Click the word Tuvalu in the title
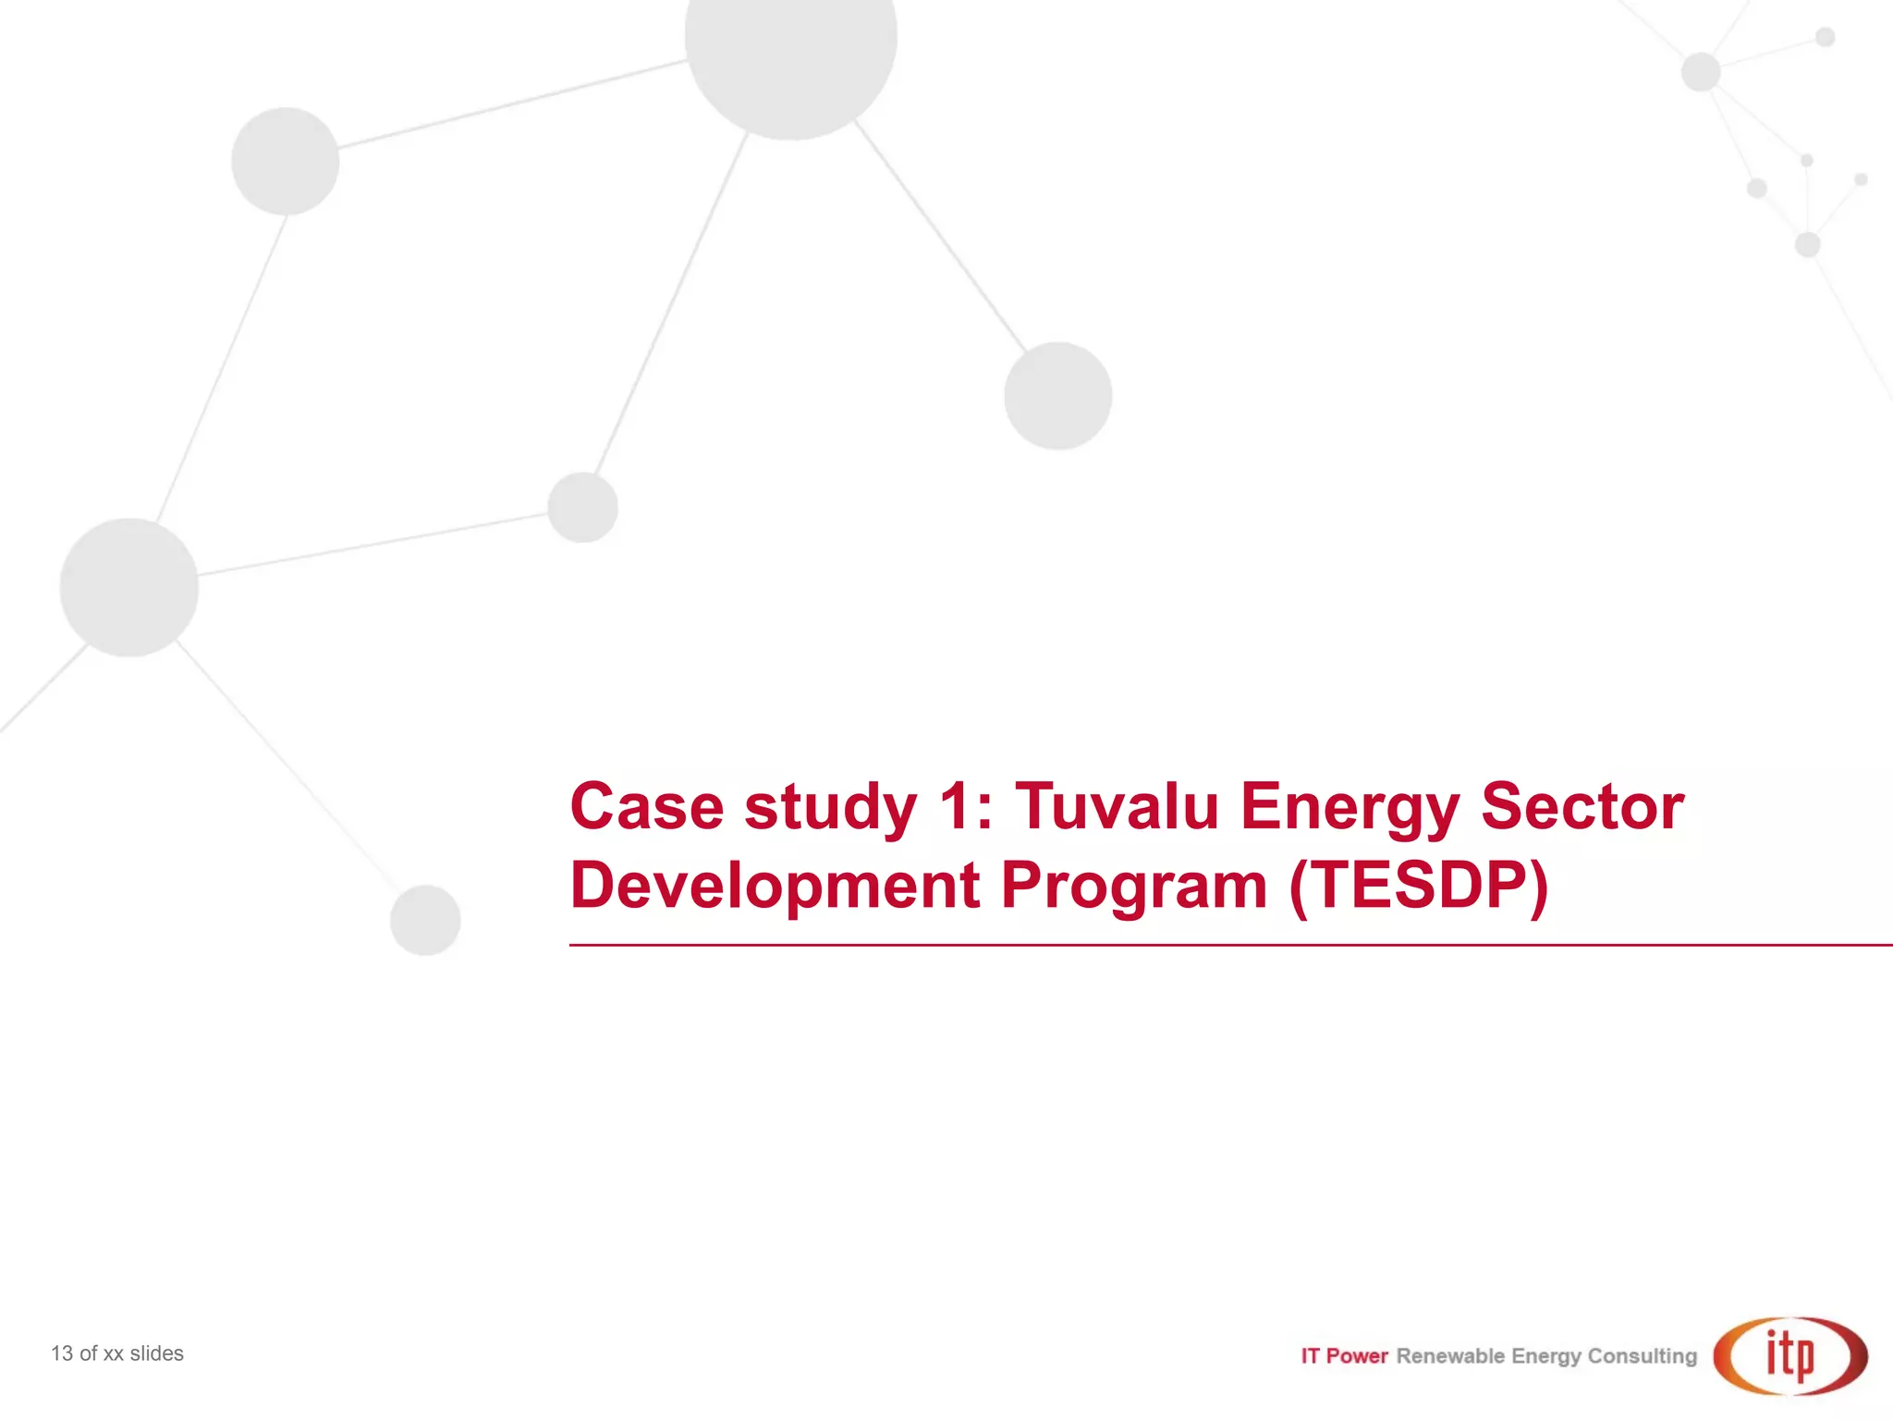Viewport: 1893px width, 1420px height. tap(1117, 806)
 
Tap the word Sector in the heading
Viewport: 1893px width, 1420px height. tap(1582, 806)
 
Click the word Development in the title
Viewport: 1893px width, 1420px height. tap(775, 886)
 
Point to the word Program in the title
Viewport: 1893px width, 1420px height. tap(1134, 886)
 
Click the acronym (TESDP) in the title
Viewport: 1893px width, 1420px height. tap(1419, 886)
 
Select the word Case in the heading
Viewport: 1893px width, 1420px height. tap(647, 806)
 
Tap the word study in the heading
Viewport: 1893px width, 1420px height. tap(830, 806)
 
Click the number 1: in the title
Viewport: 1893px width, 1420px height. tap(965, 806)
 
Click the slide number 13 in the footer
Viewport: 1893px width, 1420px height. tap(61, 1353)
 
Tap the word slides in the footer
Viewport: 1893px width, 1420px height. tap(156, 1353)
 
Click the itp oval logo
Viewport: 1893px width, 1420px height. tap(1790, 1355)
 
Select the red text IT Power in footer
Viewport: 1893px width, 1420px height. tap(1344, 1356)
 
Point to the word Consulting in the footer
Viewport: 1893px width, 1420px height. tap(1643, 1356)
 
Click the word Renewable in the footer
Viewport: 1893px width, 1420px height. tap(1450, 1356)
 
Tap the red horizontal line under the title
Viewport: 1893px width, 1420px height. tap(1229, 945)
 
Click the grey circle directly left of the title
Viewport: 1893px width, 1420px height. tap(425, 920)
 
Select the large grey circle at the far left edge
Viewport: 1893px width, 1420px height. tap(128, 587)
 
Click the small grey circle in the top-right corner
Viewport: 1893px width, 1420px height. tap(1825, 37)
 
